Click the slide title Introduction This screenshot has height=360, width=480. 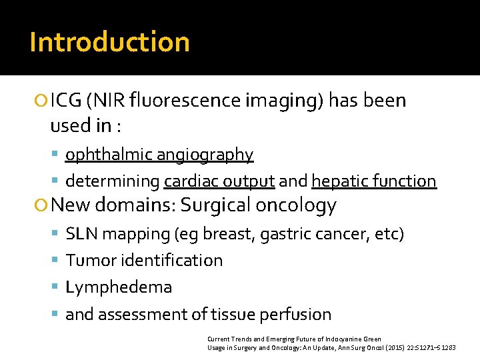109,42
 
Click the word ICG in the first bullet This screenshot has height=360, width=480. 66,101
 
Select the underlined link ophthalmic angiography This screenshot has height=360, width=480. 159,155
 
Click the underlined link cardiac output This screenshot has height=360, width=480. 219,181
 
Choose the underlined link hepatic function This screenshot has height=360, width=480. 374,181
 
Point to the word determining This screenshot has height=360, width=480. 113,181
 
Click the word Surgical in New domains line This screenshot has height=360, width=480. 216,205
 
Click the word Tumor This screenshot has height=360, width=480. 89,261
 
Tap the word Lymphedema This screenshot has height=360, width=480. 119,287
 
